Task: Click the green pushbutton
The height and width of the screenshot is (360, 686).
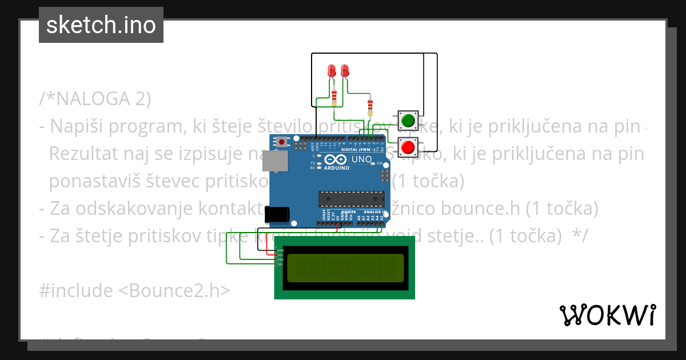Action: click(408, 121)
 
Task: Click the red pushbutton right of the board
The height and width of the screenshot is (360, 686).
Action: click(408, 148)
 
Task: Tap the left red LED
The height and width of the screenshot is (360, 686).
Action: click(332, 71)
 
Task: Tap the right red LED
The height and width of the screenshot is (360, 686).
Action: click(345, 71)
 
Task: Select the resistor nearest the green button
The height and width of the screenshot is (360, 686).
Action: click(370, 106)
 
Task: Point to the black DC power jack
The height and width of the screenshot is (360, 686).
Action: click(278, 214)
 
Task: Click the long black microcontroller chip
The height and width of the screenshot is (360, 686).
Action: click(351, 198)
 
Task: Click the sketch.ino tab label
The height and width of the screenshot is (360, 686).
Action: click(101, 25)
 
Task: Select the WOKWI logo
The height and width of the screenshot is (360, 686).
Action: click(607, 315)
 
